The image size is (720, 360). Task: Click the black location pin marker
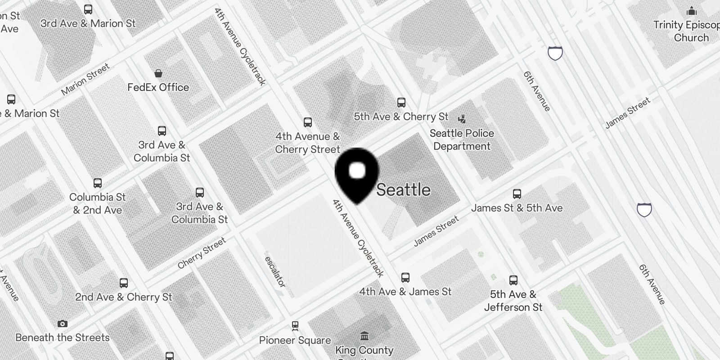tap(357, 173)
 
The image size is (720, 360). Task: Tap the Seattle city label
tap(403, 190)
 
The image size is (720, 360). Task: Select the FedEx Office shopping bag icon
tap(158, 73)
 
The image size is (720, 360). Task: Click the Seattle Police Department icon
tap(462, 119)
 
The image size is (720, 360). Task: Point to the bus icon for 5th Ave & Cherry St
tap(401, 103)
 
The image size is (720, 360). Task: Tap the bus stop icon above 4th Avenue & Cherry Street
tap(308, 122)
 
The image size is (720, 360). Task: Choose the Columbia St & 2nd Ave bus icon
tap(98, 183)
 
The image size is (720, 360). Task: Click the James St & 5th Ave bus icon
tap(517, 194)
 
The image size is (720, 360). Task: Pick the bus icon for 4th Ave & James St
tap(405, 278)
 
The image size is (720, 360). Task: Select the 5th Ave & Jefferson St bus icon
tap(513, 280)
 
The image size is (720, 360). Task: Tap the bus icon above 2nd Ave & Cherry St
tap(124, 283)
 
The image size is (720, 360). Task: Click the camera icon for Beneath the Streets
tap(63, 324)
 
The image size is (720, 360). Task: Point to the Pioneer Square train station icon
tap(295, 325)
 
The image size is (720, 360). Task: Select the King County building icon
tap(364, 336)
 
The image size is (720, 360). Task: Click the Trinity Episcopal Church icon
tap(692, 11)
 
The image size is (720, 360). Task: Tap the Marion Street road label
tap(85, 79)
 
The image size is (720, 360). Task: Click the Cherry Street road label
tap(202, 253)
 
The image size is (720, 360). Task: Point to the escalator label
tap(274, 272)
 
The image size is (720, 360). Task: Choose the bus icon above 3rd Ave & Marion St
tap(88, 9)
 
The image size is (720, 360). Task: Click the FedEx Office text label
tap(158, 87)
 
